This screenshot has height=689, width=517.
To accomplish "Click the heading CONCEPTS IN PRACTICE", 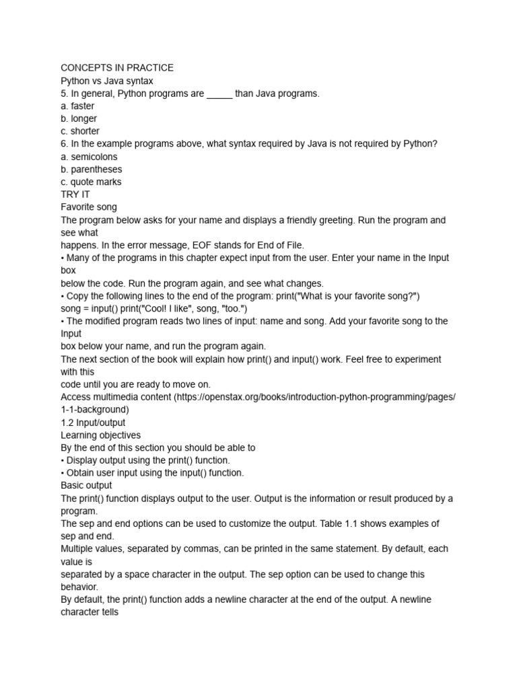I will (117, 68).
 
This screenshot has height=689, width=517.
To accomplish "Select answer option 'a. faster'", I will (77, 106).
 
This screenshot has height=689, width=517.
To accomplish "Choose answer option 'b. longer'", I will (79, 119).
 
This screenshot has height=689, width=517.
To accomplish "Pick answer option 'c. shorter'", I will (80, 131).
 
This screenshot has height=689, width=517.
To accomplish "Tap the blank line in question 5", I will (219, 94).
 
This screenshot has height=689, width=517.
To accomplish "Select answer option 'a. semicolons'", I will (89, 157).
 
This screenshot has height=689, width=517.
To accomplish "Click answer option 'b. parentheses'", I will (92, 170).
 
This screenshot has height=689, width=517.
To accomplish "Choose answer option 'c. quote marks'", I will (91, 182).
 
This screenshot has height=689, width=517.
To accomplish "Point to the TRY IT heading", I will (75, 194).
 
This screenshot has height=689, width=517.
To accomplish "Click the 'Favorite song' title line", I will (89, 207).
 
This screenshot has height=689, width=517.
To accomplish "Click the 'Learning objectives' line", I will (100, 435).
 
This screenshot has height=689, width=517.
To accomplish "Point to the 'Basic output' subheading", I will (86, 486).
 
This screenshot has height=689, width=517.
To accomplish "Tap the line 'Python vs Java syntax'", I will (107, 81).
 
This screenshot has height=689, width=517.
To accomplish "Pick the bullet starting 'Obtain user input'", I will (152, 473).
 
